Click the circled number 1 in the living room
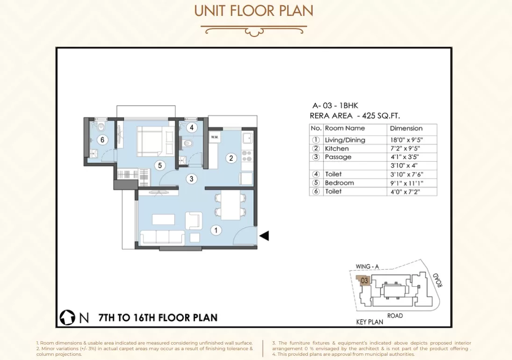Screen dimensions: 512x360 [x=216, y=230]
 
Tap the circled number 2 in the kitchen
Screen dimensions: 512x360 [x=231, y=158]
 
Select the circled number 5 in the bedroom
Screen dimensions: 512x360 [x=160, y=166]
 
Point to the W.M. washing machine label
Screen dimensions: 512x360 [x=215, y=137]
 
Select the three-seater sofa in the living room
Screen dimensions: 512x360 [x=162, y=238]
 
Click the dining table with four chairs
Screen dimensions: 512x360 [x=231, y=205]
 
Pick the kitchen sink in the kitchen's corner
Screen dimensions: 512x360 [x=247, y=138]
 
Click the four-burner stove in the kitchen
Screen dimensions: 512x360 [x=247, y=156]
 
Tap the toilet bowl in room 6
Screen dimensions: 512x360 [x=101, y=126]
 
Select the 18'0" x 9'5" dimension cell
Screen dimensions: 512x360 [x=406, y=140]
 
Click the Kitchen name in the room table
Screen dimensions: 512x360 [x=337, y=149]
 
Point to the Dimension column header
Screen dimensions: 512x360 [x=406, y=128]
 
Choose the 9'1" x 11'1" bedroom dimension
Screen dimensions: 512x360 [x=407, y=183]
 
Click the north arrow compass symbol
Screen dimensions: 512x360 [x=67, y=317]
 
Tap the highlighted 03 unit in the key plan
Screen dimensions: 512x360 [x=364, y=281]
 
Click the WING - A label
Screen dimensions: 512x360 [x=367, y=266]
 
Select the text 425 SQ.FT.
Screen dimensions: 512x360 [x=381, y=115]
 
